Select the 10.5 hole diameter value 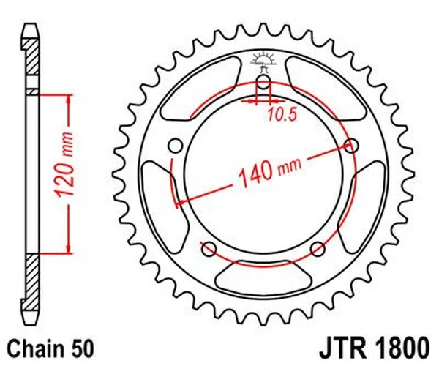282,114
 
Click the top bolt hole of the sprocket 263,81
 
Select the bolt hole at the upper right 352,146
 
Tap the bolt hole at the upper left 176,146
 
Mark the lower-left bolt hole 209,247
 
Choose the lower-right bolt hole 318,247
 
